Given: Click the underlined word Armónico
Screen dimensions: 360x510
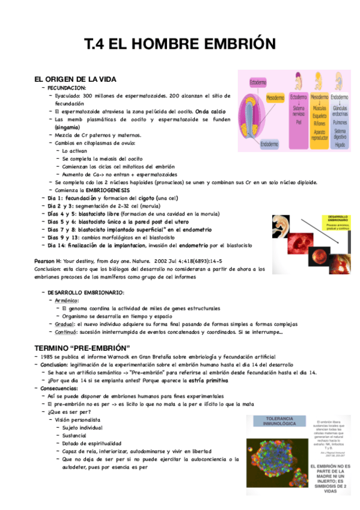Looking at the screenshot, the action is tap(67, 300).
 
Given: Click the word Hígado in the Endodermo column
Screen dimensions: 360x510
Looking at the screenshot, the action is tap(340, 144).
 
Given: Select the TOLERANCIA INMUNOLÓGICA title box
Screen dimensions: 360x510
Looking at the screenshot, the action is tap(276, 422).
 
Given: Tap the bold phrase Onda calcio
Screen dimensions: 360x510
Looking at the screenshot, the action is tap(210, 111).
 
